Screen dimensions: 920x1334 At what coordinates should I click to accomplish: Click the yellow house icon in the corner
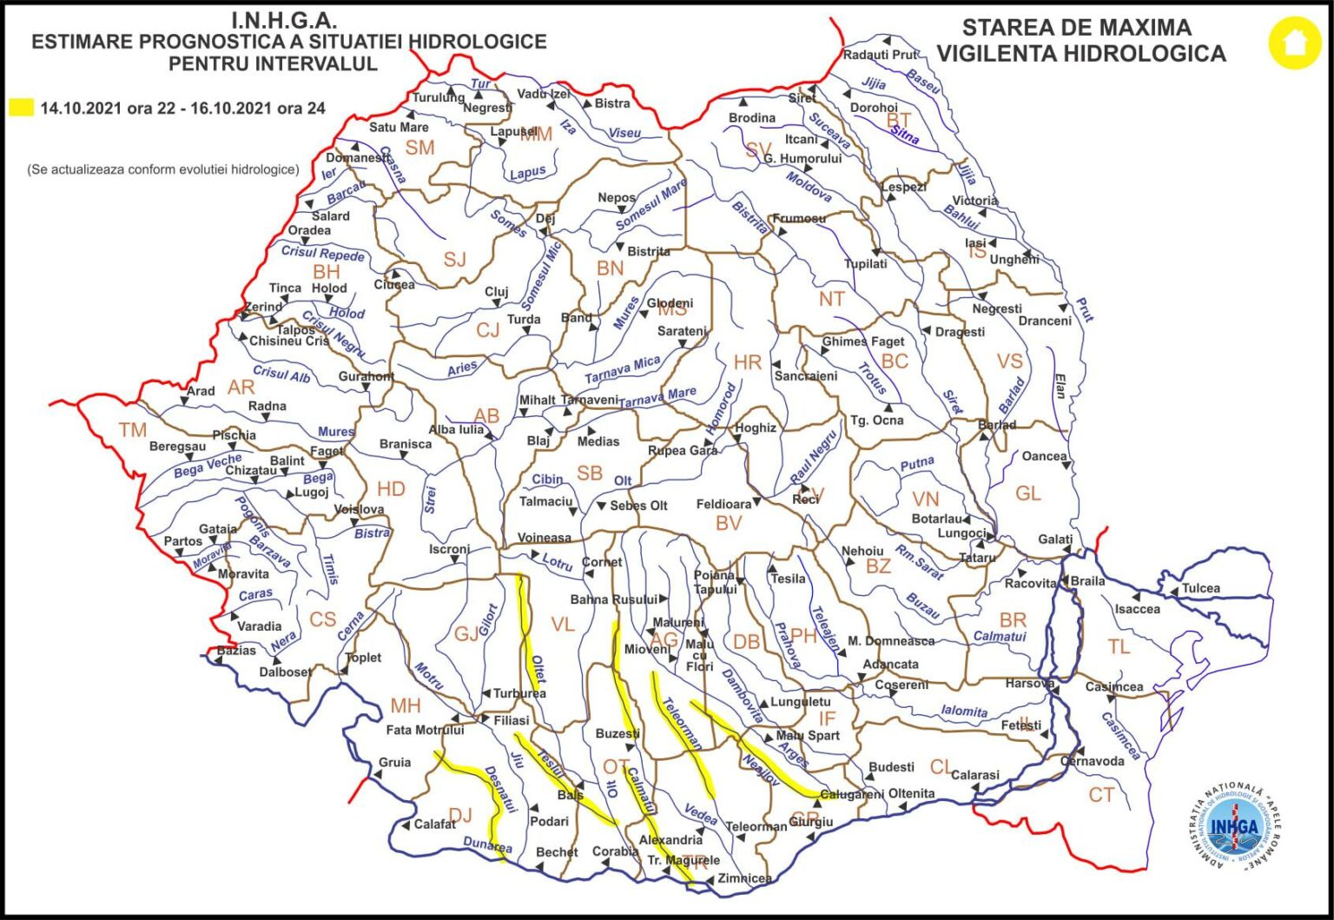[x=1294, y=43]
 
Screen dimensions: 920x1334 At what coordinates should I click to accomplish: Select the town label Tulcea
[x=1200, y=588]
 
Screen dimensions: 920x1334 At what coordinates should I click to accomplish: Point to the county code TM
[x=133, y=430]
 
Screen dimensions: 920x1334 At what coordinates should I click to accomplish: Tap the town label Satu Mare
[x=399, y=127]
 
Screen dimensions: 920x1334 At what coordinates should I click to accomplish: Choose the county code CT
[x=1101, y=795]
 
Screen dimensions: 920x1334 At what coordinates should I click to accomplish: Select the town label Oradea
[x=309, y=230]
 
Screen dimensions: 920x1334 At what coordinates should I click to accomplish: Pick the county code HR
[x=747, y=362]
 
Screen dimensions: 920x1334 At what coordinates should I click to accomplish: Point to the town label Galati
[x=1055, y=539]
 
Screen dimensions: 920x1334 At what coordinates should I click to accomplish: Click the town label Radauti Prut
[x=880, y=55]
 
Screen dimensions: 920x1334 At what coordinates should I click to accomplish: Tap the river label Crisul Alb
[x=281, y=374]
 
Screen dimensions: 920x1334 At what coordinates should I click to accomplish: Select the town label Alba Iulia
[x=456, y=430]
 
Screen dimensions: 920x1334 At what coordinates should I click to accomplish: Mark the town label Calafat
[x=434, y=824]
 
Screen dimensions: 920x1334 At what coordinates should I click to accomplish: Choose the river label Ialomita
[x=964, y=711]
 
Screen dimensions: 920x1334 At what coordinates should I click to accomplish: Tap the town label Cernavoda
[x=1092, y=761]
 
